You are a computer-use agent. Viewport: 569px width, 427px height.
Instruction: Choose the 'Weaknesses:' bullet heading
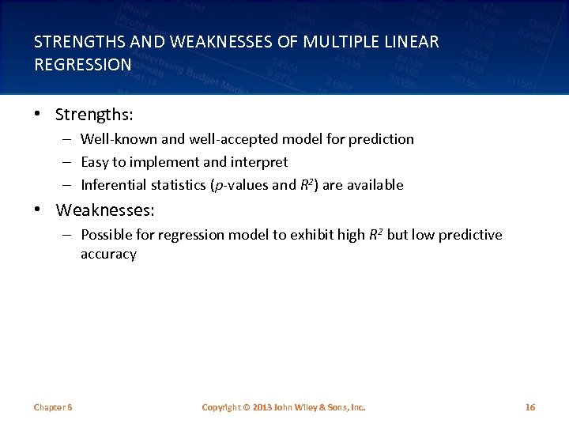105,210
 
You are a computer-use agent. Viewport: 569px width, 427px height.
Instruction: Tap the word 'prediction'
381,139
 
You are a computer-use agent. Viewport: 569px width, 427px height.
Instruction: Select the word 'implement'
168,162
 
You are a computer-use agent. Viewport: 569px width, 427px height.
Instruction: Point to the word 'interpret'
259,162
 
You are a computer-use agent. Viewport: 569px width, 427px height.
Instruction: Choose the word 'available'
375,185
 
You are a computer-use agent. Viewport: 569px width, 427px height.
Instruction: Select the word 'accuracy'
108,255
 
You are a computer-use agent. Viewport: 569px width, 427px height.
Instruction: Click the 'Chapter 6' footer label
53,407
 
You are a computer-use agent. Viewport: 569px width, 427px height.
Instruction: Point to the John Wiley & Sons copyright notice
284,407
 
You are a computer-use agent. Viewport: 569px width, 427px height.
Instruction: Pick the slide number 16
530,407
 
